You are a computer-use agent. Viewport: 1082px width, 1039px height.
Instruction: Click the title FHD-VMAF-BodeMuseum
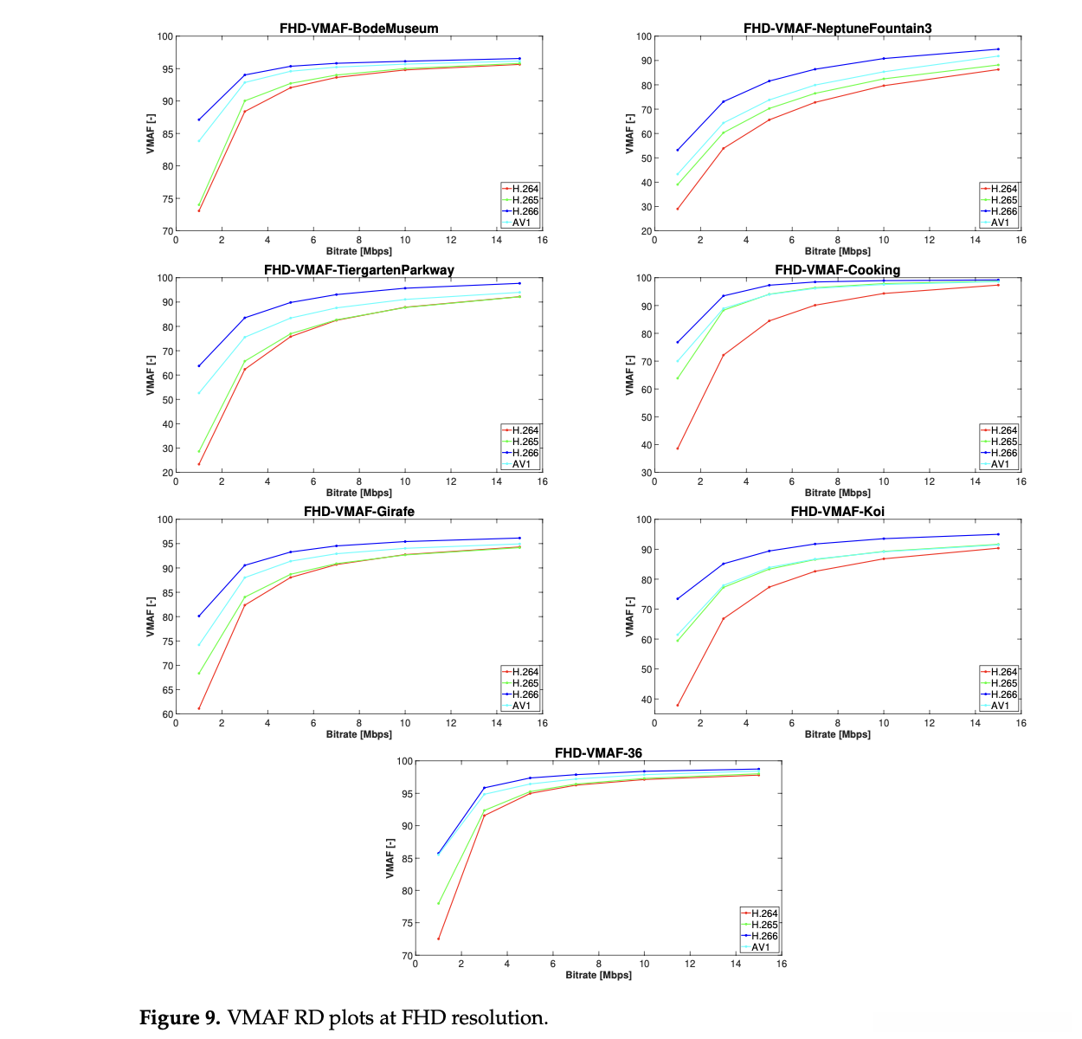(x=358, y=29)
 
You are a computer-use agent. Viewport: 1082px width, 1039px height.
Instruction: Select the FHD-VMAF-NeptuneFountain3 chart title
(x=837, y=29)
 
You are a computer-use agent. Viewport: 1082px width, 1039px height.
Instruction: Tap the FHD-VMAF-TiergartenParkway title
(x=358, y=270)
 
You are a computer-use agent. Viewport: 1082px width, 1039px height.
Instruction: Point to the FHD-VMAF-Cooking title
(x=837, y=270)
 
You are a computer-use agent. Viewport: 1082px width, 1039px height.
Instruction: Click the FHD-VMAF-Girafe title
(x=358, y=512)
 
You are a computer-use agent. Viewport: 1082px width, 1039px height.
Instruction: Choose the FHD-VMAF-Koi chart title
(x=837, y=512)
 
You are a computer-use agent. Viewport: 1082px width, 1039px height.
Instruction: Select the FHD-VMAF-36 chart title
(x=598, y=753)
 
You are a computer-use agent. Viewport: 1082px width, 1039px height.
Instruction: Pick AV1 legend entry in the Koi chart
(x=1000, y=706)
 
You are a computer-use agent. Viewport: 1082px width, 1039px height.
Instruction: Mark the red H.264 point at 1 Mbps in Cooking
(x=678, y=449)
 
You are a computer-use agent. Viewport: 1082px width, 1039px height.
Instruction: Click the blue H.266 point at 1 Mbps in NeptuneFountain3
(x=678, y=150)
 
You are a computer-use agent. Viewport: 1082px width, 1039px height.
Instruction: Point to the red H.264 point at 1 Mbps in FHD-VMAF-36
(x=438, y=939)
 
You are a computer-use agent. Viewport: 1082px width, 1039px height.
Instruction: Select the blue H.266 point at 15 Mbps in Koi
(x=998, y=534)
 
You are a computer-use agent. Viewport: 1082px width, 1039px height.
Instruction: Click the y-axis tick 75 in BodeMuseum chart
(x=165, y=199)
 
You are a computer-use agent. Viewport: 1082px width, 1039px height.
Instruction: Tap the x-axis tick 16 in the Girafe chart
(x=542, y=723)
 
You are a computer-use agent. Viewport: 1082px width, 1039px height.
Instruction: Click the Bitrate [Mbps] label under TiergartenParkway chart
(x=358, y=493)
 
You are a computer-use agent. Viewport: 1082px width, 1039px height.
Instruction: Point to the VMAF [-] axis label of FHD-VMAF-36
(x=390, y=858)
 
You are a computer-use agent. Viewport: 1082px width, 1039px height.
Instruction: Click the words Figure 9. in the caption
(x=180, y=1017)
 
